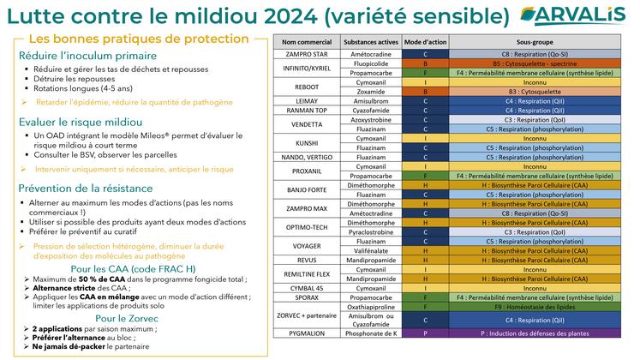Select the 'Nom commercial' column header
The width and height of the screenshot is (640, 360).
point(306,41)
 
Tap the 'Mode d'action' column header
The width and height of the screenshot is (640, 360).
point(426,41)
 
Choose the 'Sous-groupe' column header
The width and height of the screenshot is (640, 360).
point(539,41)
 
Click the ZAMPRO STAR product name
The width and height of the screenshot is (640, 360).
point(306,53)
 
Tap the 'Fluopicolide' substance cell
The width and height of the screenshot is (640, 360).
point(371,63)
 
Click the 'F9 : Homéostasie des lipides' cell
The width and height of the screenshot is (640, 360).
point(539,329)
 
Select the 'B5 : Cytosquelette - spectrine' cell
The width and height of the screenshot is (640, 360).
point(539,63)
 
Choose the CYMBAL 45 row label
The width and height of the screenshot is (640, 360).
point(306,289)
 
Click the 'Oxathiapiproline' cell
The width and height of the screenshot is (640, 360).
point(371,329)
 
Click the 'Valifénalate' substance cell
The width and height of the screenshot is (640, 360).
point(371,249)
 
